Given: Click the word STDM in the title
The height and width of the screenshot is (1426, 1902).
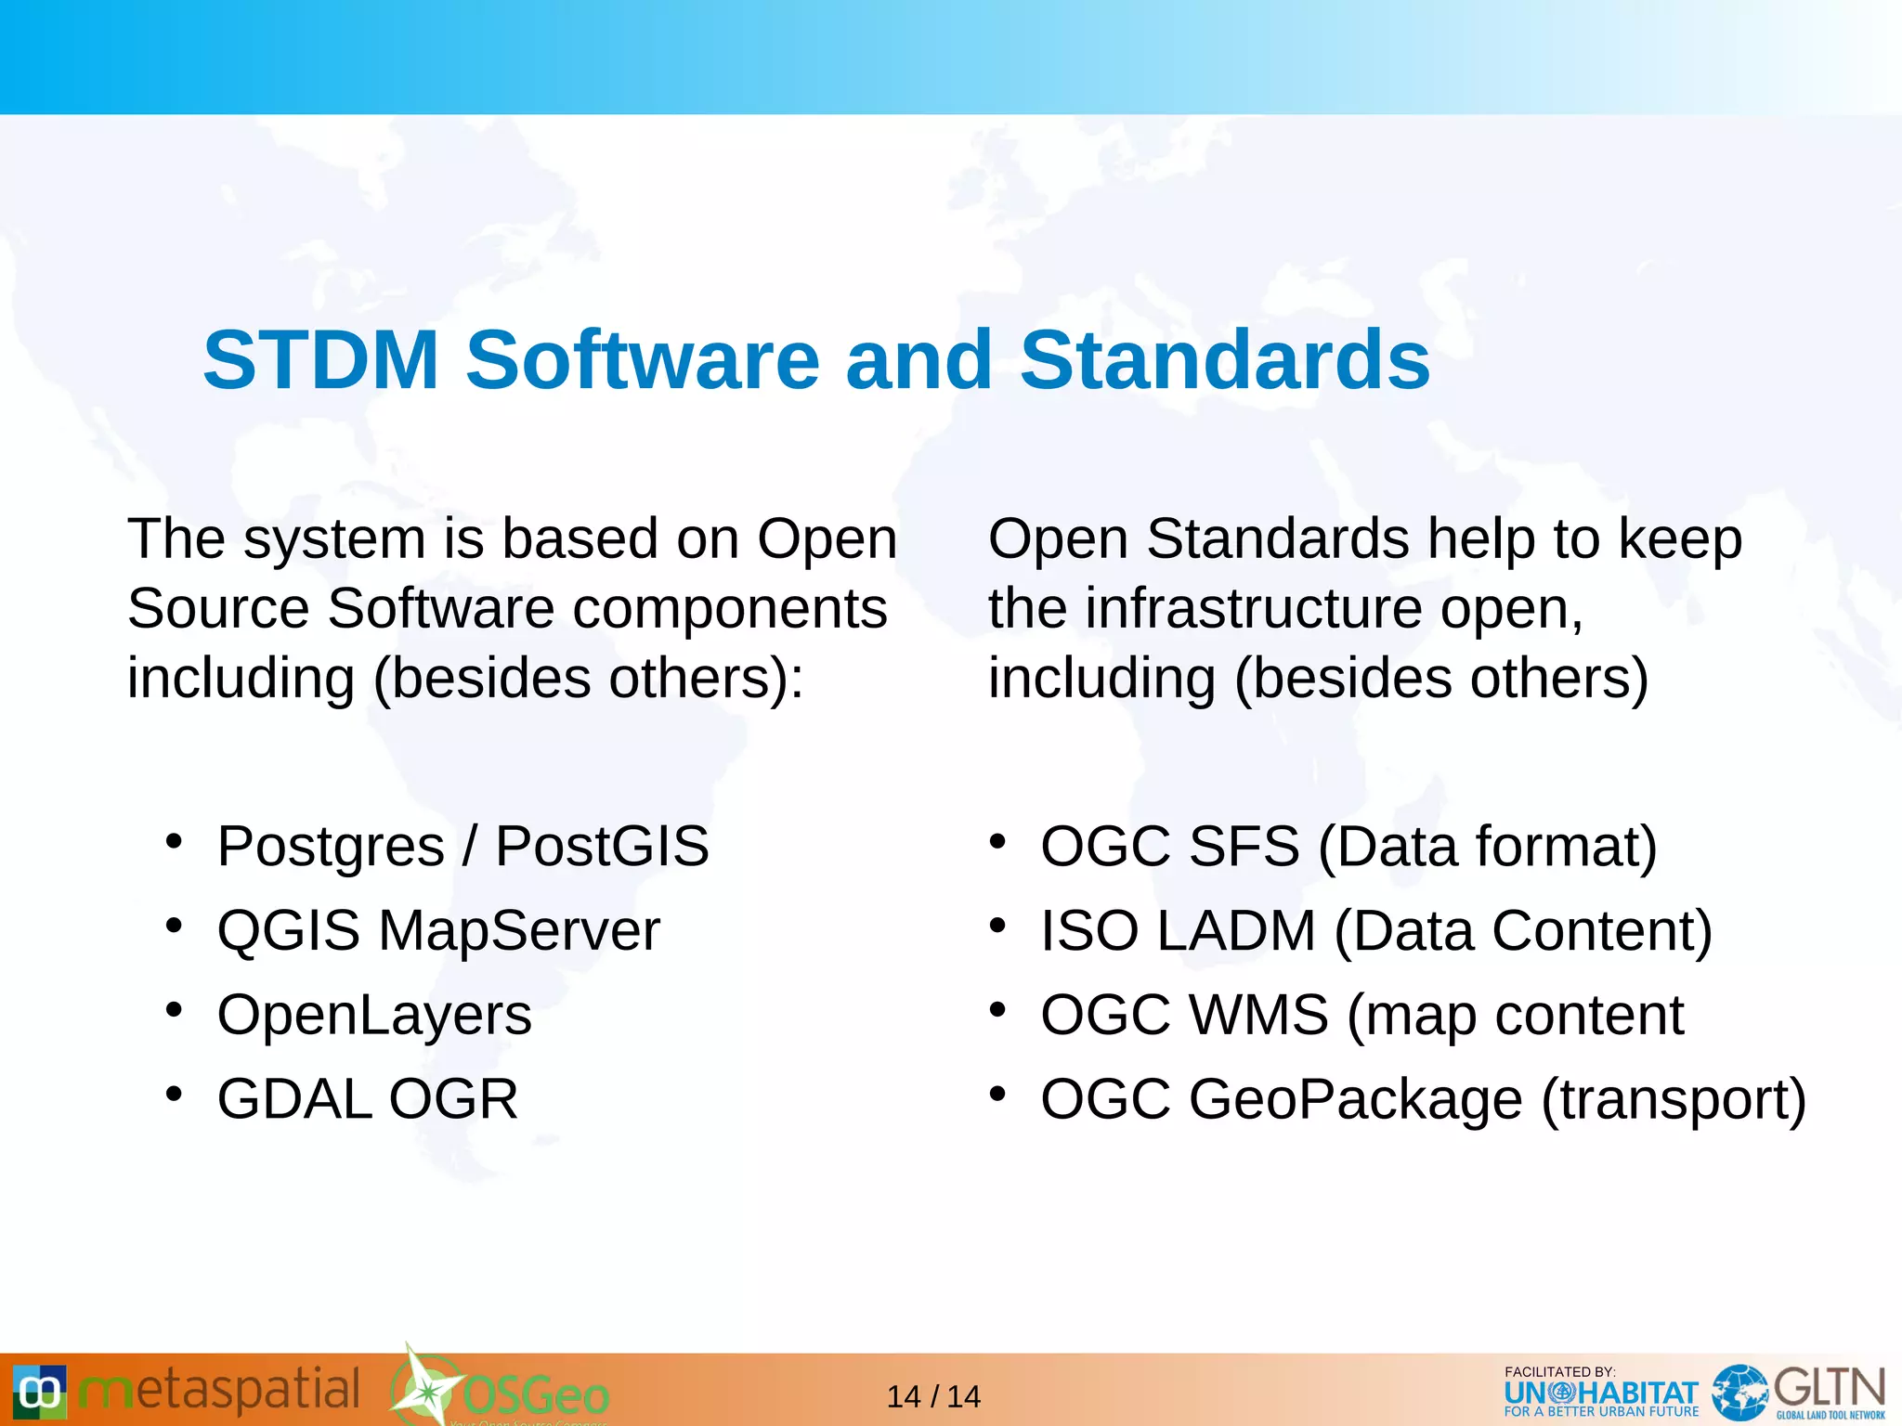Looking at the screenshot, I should tap(320, 360).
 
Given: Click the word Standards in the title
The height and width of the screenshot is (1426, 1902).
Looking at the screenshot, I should tap(1224, 360).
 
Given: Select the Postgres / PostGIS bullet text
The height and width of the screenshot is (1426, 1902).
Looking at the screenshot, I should tap(462, 847).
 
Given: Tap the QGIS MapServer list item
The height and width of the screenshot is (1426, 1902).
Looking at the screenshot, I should tap(438, 930).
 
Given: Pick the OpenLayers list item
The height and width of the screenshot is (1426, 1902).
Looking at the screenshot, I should tap(374, 1015).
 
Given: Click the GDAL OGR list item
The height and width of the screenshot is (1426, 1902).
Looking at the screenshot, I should tap(367, 1099).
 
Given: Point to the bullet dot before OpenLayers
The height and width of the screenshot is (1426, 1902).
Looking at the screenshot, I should tap(174, 1009).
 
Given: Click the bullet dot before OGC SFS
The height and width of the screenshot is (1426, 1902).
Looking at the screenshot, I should tap(997, 841).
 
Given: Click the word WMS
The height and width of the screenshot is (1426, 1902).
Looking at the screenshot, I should tap(1258, 1015).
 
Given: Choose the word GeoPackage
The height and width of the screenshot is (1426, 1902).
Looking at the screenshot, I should tap(1355, 1101).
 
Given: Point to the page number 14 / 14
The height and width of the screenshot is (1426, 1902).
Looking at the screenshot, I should tap(933, 1396).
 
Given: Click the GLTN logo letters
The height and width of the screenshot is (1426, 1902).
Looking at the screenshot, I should tap(1829, 1389).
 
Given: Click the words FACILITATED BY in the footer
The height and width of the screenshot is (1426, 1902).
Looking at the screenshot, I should tap(1559, 1371).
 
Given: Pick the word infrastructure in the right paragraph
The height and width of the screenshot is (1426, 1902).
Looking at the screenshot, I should tap(1253, 609).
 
